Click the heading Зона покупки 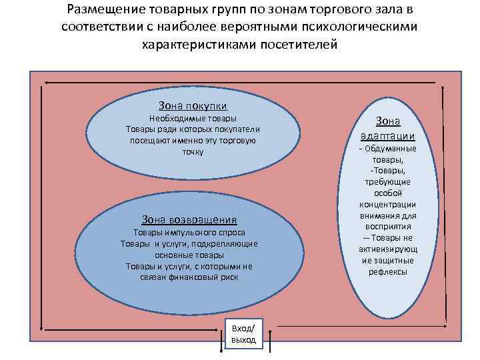click(x=193, y=105)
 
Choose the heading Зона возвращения click(x=189, y=219)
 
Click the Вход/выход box click(x=243, y=334)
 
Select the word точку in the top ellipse click(x=193, y=152)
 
